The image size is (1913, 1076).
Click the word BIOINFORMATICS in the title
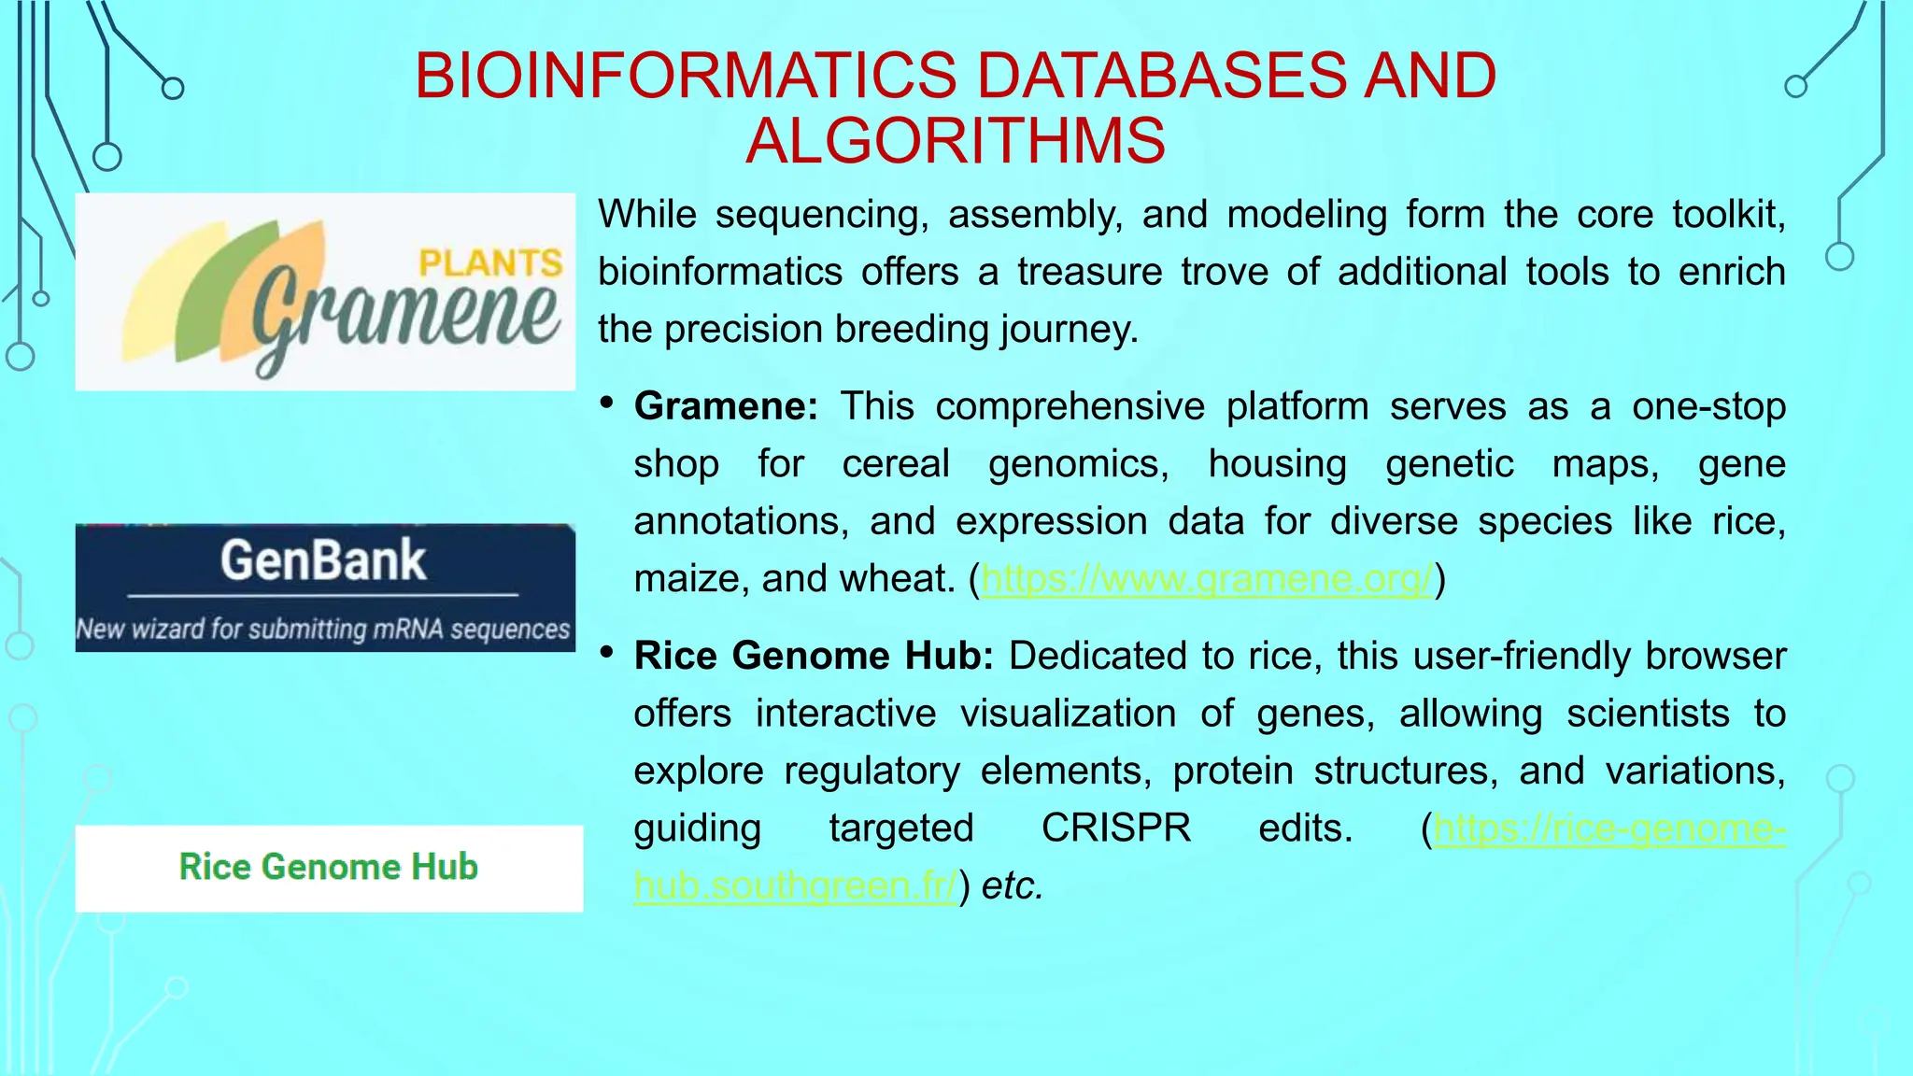click(x=686, y=76)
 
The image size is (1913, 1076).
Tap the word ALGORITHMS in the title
click(x=956, y=141)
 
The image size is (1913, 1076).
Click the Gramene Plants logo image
click(x=325, y=291)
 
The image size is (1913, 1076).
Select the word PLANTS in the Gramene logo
click(x=489, y=263)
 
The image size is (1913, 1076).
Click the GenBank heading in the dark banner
click(x=323, y=560)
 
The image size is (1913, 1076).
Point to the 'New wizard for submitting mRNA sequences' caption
click(x=323, y=630)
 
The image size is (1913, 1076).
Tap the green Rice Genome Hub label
click(x=328, y=867)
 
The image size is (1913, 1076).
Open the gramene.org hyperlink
click(x=1206, y=579)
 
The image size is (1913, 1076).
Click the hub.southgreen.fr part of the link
click(x=795, y=885)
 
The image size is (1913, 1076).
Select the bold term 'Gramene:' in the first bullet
click(x=726, y=406)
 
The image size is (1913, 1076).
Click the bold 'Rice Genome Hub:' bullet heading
click(x=814, y=656)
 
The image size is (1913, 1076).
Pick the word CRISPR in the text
click(x=1116, y=828)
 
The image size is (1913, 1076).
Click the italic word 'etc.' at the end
click(x=1013, y=885)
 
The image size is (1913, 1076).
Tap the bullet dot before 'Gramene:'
click(x=607, y=403)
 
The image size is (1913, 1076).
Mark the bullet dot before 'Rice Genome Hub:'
click(x=607, y=653)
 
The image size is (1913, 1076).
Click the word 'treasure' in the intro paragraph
click(x=1088, y=272)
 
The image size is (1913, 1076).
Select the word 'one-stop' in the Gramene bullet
click(x=1708, y=406)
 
